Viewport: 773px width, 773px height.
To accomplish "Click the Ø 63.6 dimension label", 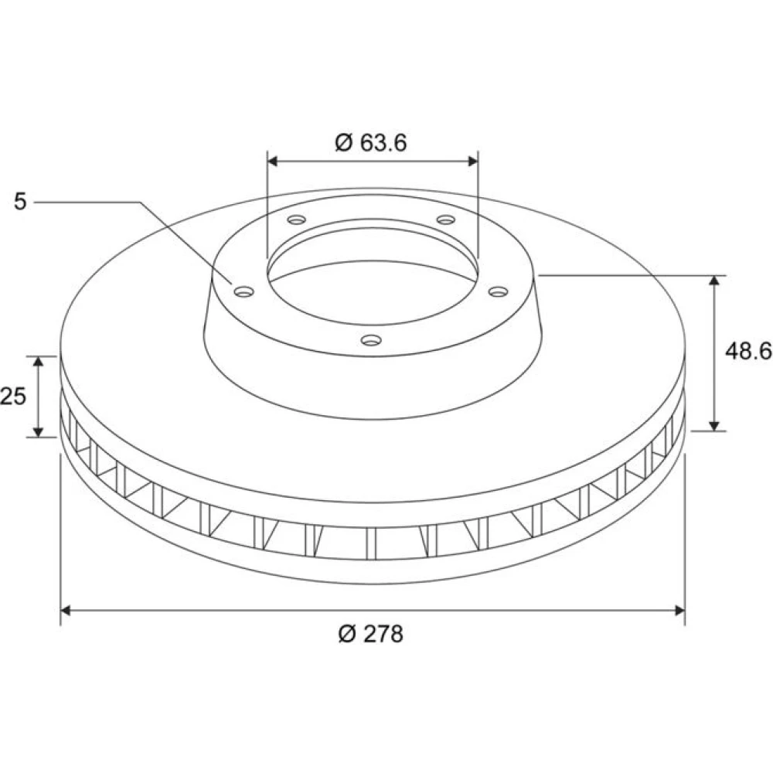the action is (x=371, y=143).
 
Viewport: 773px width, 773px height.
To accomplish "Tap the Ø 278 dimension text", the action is (x=371, y=634).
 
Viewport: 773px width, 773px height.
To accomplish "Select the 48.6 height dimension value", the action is (x=748, y=351).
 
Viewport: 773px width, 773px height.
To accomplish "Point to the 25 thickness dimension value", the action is (x=13, y=396).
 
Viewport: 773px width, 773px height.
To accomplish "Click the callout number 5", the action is (x=20, y=202).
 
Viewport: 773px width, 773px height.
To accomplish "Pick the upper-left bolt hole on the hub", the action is (x=297, y=220).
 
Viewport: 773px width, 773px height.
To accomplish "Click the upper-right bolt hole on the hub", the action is (x=446, y=220).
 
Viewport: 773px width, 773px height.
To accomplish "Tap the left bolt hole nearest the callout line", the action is (x=243, y=292).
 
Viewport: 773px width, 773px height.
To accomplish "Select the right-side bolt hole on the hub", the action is (x=498, y=292).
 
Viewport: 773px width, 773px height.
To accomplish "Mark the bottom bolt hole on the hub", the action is (x=371, y=339).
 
